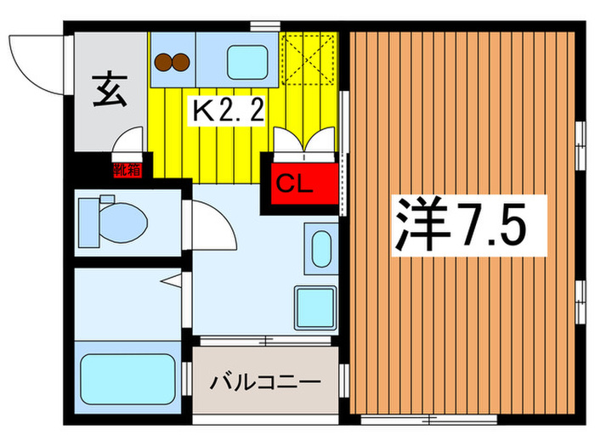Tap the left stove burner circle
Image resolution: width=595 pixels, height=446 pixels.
[x=163, y=61]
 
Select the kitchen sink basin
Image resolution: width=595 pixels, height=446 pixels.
[x=246, y=61]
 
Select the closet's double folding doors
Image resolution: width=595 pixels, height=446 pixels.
[x=303, y=144]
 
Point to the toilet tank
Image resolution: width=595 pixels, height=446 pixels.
[x=88, y=217]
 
